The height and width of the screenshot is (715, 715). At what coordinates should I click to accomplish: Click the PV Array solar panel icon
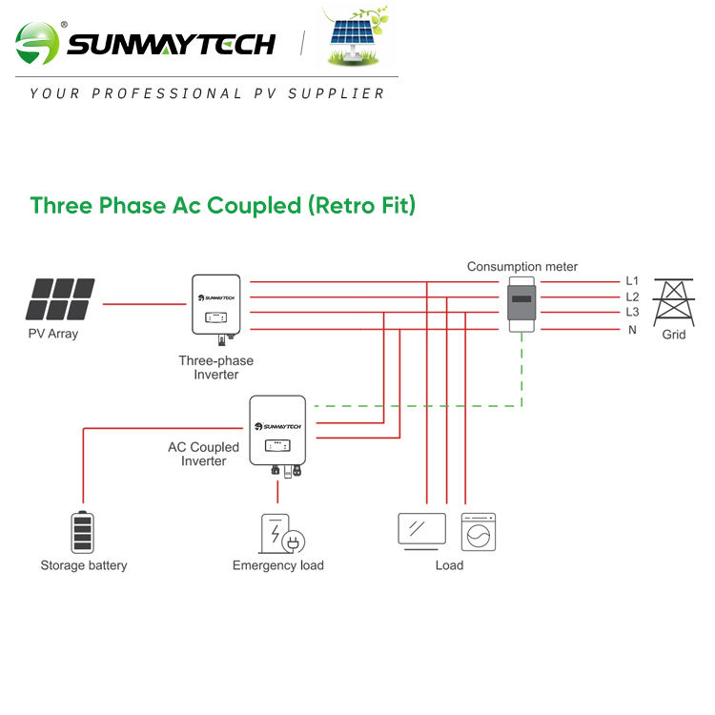tap(61, 299)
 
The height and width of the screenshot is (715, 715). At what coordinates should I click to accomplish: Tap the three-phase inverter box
tap(216, 306)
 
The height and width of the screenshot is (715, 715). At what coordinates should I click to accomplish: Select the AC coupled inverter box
tap(277, 430)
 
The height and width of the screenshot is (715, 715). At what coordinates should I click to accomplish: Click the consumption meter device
tap(521, 304)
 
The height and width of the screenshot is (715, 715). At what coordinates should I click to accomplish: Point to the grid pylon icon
tap(673, 301)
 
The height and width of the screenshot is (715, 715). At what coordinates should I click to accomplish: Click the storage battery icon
tap(84, 532)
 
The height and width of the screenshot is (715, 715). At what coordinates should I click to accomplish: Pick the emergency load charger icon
tap(281, 535)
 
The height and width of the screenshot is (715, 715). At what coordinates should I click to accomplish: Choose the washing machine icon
tap(479, 532)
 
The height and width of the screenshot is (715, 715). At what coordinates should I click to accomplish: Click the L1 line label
tap(632, 281)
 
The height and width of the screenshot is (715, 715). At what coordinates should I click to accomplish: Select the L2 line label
tap(632, 297)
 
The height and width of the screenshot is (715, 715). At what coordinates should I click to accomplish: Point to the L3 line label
tap(632, 313)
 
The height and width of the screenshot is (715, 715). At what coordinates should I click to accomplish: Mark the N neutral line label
tap(631, 330)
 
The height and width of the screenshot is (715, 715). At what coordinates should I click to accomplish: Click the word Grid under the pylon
tap(674, 335)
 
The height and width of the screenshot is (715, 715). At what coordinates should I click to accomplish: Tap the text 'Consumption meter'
tap(521, 267)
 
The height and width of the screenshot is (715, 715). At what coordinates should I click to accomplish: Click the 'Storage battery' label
tap(84, 565)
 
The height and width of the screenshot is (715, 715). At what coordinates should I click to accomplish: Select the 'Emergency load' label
tap(278, 565)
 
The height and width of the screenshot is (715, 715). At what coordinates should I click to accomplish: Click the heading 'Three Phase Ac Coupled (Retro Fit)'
tap(223, 205)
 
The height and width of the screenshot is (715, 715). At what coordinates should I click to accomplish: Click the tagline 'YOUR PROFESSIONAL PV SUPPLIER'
tap(208, 93)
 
